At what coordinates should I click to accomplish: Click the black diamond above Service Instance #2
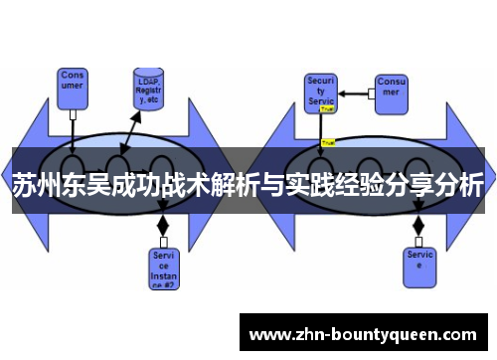tap(163, 226)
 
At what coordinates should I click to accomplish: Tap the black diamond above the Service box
tap(418, 226)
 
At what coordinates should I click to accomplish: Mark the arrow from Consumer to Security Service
tap(356, 94)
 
